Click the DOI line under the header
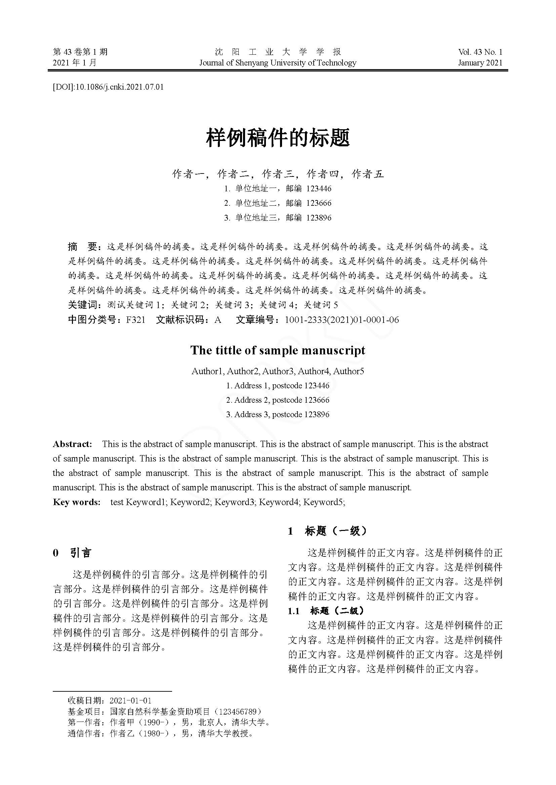108,87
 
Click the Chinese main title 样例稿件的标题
278,138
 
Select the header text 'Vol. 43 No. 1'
480,52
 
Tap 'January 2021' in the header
480,63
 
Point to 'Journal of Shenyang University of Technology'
278,63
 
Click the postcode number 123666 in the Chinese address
319,203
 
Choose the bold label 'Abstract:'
72,444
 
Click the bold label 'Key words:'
77,502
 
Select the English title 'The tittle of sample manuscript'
278,350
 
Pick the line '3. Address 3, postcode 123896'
278,414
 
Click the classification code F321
135,320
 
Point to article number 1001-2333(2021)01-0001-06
342,320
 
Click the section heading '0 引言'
72,553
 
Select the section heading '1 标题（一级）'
327,531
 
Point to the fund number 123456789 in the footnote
237,712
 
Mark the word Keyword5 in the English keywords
323,502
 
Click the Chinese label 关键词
82,305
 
